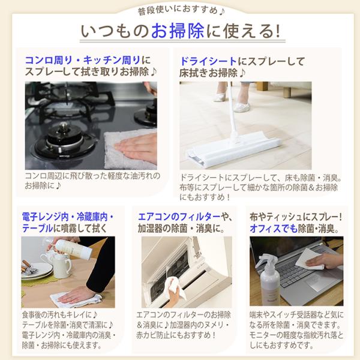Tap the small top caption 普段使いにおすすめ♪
(x=181, y=11)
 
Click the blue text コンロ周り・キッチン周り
(x=83, y=61)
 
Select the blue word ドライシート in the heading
(x=208, y=61)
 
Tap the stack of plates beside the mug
(x=36, y=272)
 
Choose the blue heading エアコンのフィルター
(x=179, y=217)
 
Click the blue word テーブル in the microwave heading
(x=37, y=229)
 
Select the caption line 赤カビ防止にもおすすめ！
(x=176, y=335)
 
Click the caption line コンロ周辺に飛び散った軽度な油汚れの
(x=92, y=176)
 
